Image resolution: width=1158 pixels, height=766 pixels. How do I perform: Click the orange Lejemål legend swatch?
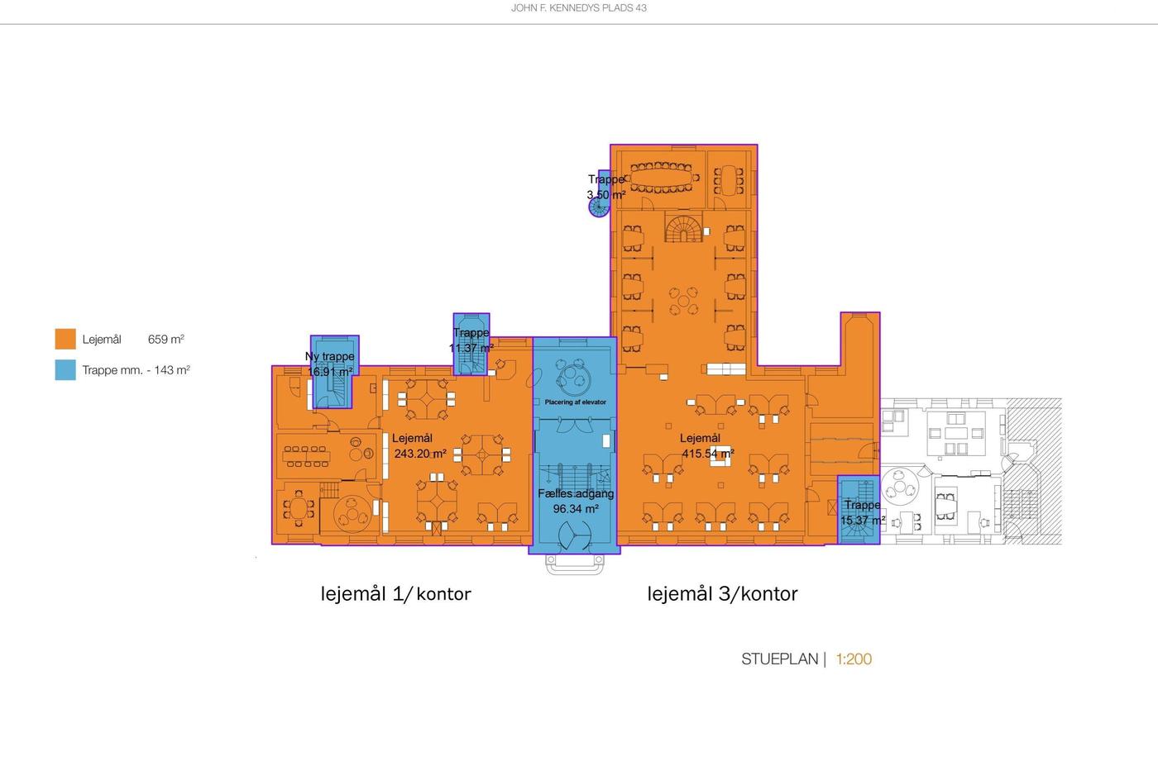pos(65,339)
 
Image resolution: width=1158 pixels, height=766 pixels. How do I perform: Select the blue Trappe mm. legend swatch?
pos(65,370)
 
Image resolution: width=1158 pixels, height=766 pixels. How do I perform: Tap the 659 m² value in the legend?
pos(166,340)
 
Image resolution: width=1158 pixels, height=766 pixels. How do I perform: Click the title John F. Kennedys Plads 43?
pos(578,7)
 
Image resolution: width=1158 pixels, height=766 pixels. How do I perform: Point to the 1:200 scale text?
pos(854,659)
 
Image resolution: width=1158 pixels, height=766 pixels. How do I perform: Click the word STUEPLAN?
pos(779,659)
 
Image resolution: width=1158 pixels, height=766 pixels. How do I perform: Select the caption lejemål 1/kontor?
pos(396,594)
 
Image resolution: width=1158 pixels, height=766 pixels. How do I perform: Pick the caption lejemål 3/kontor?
pos(723,594)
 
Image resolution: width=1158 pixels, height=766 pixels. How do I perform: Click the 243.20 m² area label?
pos(420,454)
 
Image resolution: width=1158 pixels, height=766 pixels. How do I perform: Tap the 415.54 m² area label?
pos(708,454)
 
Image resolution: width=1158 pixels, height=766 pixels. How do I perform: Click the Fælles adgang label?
pos(576,493)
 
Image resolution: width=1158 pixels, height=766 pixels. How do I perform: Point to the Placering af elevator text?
pos(576,402)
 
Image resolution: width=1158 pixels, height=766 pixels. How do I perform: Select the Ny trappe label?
pos(330,356)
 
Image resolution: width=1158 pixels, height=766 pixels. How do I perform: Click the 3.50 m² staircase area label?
pos(605,195)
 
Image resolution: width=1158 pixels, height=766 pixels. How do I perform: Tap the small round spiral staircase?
pos(599,207)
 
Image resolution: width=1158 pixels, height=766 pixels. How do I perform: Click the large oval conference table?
pos(663,178)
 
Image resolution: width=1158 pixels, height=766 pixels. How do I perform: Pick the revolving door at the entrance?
pos(574,535)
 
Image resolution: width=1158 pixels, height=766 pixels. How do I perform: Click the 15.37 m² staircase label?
pos(863,520)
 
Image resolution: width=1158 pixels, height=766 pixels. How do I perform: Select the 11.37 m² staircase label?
pos(471,348)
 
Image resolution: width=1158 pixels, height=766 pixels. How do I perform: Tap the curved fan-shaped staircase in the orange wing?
pos(683,229)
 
